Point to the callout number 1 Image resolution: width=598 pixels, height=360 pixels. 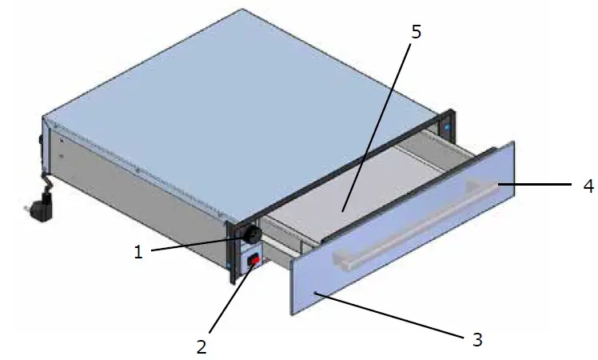[138, 252]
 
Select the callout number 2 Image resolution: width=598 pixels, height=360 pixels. [201, 346]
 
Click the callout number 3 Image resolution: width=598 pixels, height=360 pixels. [477, 338]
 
